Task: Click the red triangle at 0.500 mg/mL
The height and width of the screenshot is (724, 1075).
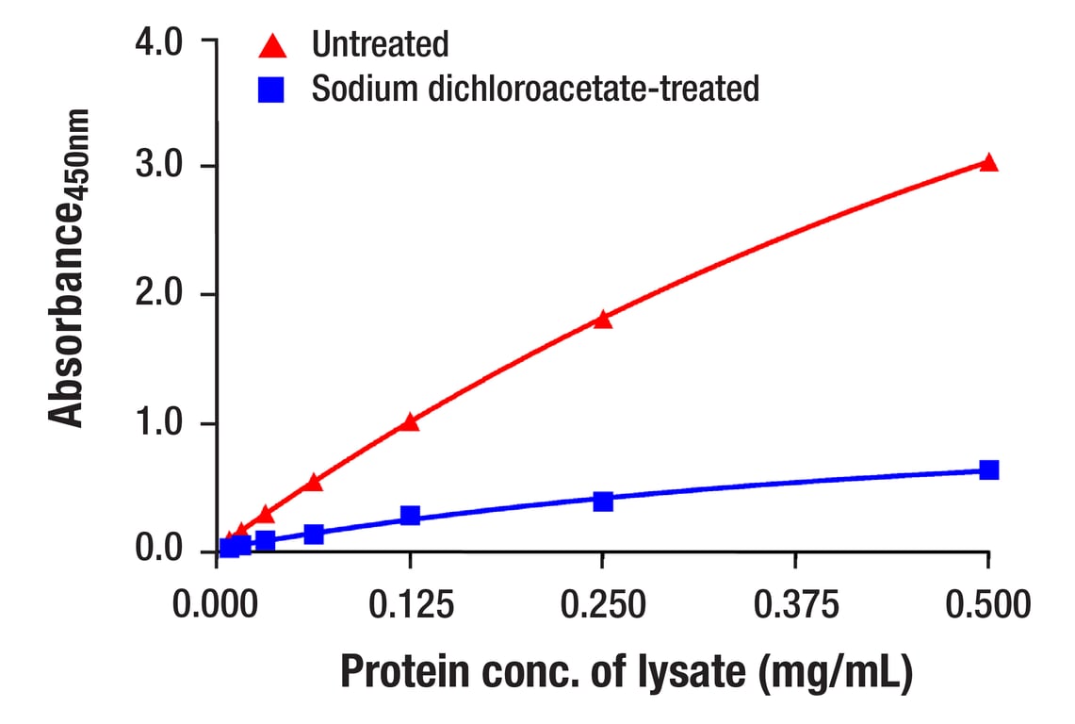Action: [988, 163]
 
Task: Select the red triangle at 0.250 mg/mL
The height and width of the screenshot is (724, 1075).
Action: [603, 320]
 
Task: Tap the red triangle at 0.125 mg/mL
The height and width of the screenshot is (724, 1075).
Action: [410, 422]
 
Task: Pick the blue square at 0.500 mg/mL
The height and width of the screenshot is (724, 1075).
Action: [988, 469]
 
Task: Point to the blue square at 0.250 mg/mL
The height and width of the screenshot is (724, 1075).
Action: [603, 501]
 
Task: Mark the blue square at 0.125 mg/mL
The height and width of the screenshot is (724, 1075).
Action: [410, 515]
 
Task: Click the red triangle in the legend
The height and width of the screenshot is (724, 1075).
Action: [272, 44]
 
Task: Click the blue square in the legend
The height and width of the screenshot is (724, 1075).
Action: [272, 90]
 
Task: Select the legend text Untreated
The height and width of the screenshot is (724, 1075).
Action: [380, 44]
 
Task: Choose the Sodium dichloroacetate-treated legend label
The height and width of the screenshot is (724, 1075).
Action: [535, 90]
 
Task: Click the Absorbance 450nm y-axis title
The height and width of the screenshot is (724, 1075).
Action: [68, 269]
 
